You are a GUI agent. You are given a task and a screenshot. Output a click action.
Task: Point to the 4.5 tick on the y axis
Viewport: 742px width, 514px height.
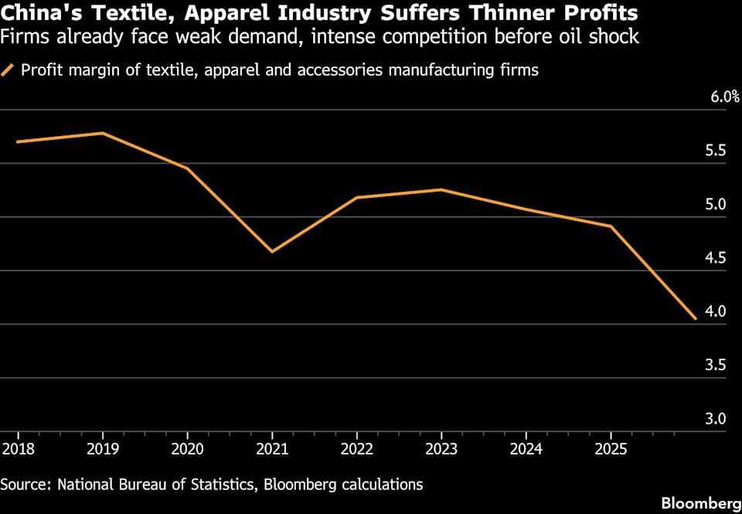tap(716, 258)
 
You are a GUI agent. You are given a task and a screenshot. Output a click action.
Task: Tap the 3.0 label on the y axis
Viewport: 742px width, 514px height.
tap(716, 419)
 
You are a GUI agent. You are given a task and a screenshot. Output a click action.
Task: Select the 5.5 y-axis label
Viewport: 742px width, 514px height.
tap(716, 151)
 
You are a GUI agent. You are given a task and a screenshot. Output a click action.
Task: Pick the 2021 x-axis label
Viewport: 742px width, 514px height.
tap(271, 448)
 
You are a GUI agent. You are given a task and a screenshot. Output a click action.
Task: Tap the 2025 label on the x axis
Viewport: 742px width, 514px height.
tap(611, 448)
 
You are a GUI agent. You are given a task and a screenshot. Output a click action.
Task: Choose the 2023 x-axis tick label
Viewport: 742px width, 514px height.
tap(441, 448)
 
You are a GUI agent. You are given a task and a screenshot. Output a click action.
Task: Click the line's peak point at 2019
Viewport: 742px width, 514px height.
tap(103, 133)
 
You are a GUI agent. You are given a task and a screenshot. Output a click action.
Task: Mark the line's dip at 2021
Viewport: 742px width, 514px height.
tap(272, 251)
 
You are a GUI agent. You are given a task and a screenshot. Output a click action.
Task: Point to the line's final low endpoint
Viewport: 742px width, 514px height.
tap(695, 318)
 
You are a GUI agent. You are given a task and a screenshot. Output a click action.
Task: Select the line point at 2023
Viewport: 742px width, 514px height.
tap(441, 189)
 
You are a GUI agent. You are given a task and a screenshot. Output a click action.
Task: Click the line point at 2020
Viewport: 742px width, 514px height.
tap(187, 168)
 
